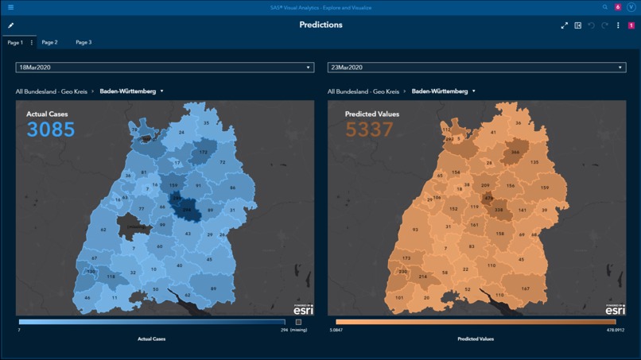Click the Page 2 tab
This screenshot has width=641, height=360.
(49, 42)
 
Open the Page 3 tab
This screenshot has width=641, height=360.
(84, 42)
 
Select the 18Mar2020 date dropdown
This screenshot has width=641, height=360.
(165, 68)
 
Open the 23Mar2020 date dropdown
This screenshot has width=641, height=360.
(476, 68)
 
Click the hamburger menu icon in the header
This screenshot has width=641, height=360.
(10, 7)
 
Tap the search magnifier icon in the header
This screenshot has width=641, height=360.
(605, 7)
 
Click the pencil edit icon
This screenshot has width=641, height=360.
(11, 25)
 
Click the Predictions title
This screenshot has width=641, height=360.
(320, 25)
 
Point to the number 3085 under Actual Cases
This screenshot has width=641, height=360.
(51, 130)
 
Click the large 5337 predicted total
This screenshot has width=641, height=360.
(369, 130)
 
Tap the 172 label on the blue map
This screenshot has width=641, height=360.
(204, 152)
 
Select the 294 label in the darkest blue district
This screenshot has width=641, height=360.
(188, 210)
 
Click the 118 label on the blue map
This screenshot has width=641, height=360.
(111, 277)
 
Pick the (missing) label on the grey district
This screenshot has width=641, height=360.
(136, 226)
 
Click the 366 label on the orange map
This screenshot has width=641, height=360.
(515, 152)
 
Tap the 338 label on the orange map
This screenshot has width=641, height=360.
(499, 210)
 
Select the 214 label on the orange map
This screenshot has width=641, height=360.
(423, 277)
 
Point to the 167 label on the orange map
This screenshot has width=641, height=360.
(526, 288)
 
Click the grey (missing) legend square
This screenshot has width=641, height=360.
(299, 322)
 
